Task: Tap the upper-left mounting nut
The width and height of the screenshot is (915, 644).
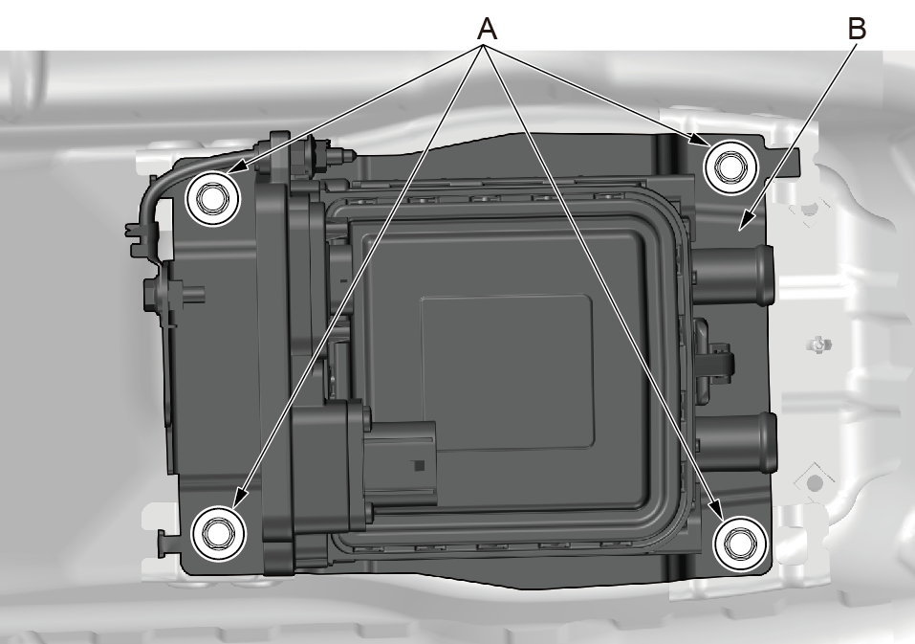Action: [x=212, y=198]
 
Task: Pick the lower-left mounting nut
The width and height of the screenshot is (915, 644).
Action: [x=218, y=534]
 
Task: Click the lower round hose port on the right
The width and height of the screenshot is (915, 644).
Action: [x=735, y=442]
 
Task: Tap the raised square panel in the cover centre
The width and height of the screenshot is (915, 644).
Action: [x=507, y=372]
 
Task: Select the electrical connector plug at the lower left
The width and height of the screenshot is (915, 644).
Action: [x=399, y=463]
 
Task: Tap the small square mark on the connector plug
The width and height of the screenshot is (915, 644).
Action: [x=418, y=465]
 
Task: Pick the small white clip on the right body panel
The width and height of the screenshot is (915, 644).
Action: [x=820, y=344]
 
